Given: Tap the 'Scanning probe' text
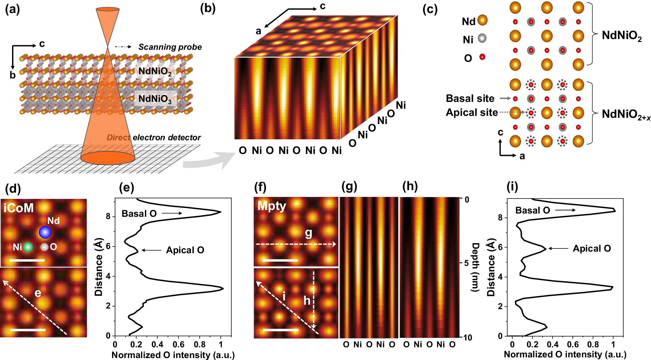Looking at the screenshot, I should click(170, 47).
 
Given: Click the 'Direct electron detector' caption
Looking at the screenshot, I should click(154, 137).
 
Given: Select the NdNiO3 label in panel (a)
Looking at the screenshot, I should click(155, 99).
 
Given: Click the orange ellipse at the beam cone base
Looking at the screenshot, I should click(108, 158).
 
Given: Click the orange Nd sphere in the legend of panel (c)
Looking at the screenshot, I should click(482, 20).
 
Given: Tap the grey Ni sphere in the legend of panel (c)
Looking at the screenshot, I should click(482, 38).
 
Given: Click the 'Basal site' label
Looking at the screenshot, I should click(470, 98).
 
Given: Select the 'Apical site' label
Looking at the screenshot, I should click(472, 112).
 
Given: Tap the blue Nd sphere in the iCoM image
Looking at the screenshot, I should click(45, 232).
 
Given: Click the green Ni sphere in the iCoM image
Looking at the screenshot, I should click(28, 247).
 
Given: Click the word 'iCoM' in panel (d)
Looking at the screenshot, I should click(19, 208).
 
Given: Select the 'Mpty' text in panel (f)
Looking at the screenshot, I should click(272, 206).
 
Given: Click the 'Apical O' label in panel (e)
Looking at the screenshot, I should click(185, 250).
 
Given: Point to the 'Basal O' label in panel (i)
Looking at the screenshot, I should click(532, 210).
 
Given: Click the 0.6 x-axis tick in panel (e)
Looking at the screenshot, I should click(178, 344).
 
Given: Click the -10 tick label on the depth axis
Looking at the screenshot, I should click(467, 338).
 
